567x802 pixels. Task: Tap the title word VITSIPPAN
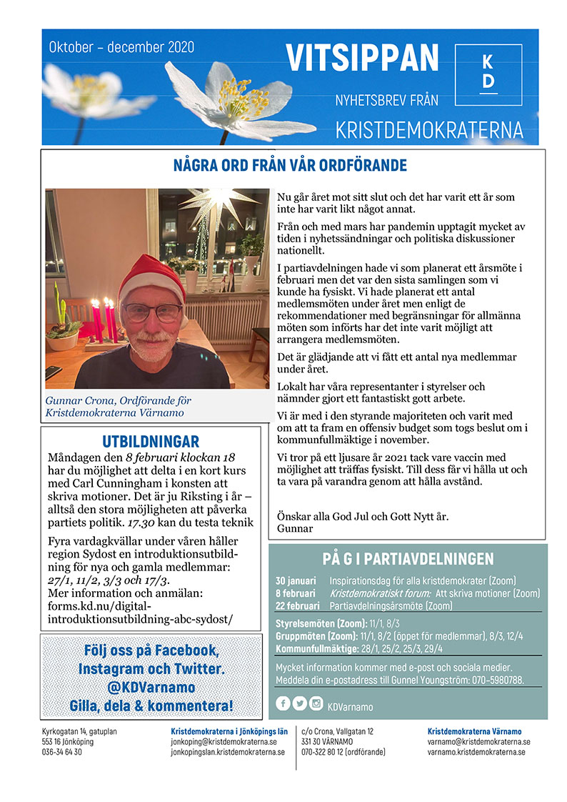[362, 59]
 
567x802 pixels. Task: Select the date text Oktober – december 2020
[121, 48]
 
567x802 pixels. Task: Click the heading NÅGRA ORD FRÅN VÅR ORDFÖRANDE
[290, 167]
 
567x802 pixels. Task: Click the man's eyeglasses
[152, 312]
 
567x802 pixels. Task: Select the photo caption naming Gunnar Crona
[118, 407]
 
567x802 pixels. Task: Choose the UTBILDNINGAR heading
[151, 441]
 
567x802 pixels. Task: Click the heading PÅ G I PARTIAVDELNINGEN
[408, 559]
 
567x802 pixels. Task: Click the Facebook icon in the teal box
[283, 703]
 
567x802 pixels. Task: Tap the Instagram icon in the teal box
[316, 703]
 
